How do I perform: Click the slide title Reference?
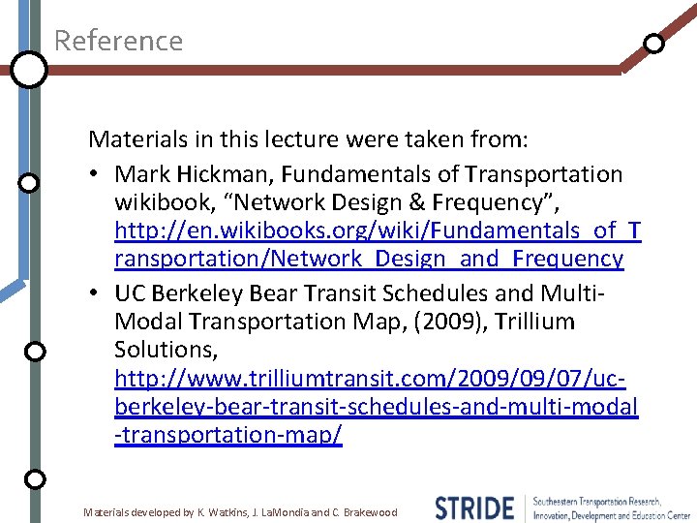tap(118, 41)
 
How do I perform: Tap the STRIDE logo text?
tap(474, 508)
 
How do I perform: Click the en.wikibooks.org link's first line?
tap(378, 231)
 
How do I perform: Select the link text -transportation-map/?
tap(227, 435)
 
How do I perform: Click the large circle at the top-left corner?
tap(30, 70)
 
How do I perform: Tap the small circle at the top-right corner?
tap(654, 44)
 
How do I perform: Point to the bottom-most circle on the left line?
tap(34, 479)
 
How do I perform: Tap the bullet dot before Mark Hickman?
tap(100, 175)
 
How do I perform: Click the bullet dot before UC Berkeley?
tap(100, 293)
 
